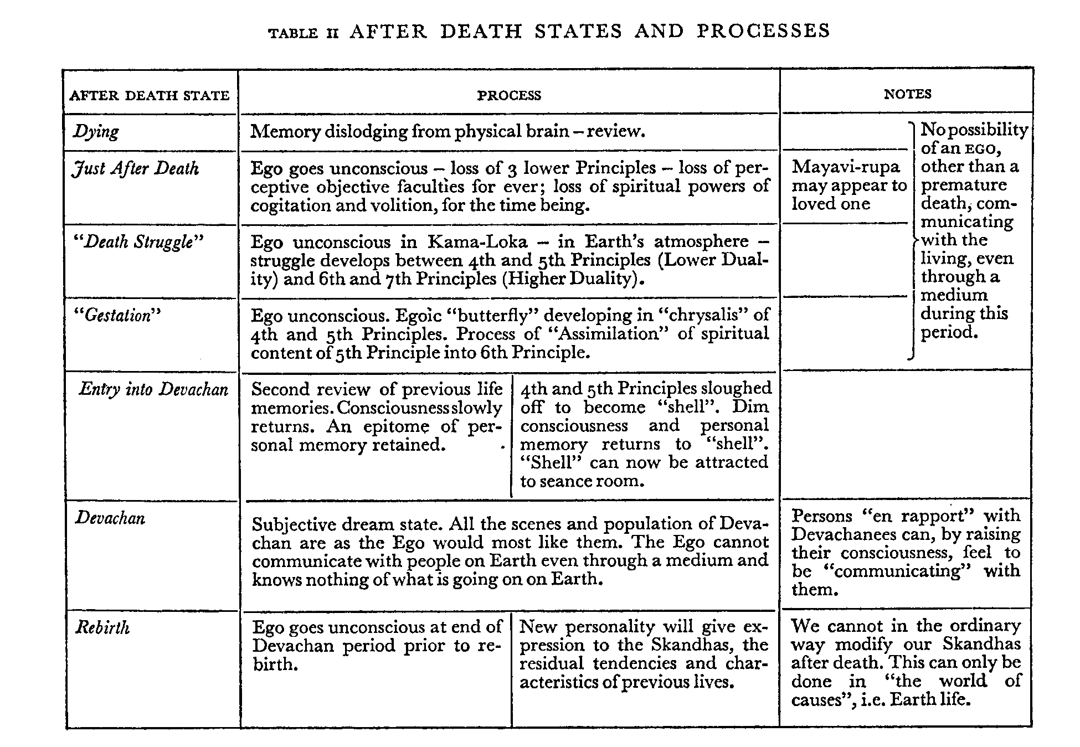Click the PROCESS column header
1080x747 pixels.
click(x=508, y=95)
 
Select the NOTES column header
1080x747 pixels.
click(x=907, y=94)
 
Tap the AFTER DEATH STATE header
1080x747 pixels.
click(x=150, y=95)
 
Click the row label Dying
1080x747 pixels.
click(x=96, y=132)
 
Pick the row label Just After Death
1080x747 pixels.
click(x=136, y=168)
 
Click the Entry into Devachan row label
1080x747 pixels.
click(x=153, y=389)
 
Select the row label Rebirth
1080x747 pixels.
click(x=102, y=627)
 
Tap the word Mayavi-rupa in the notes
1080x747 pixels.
click(x=846, y=167)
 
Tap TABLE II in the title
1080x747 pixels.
click(x=303, y=33)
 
